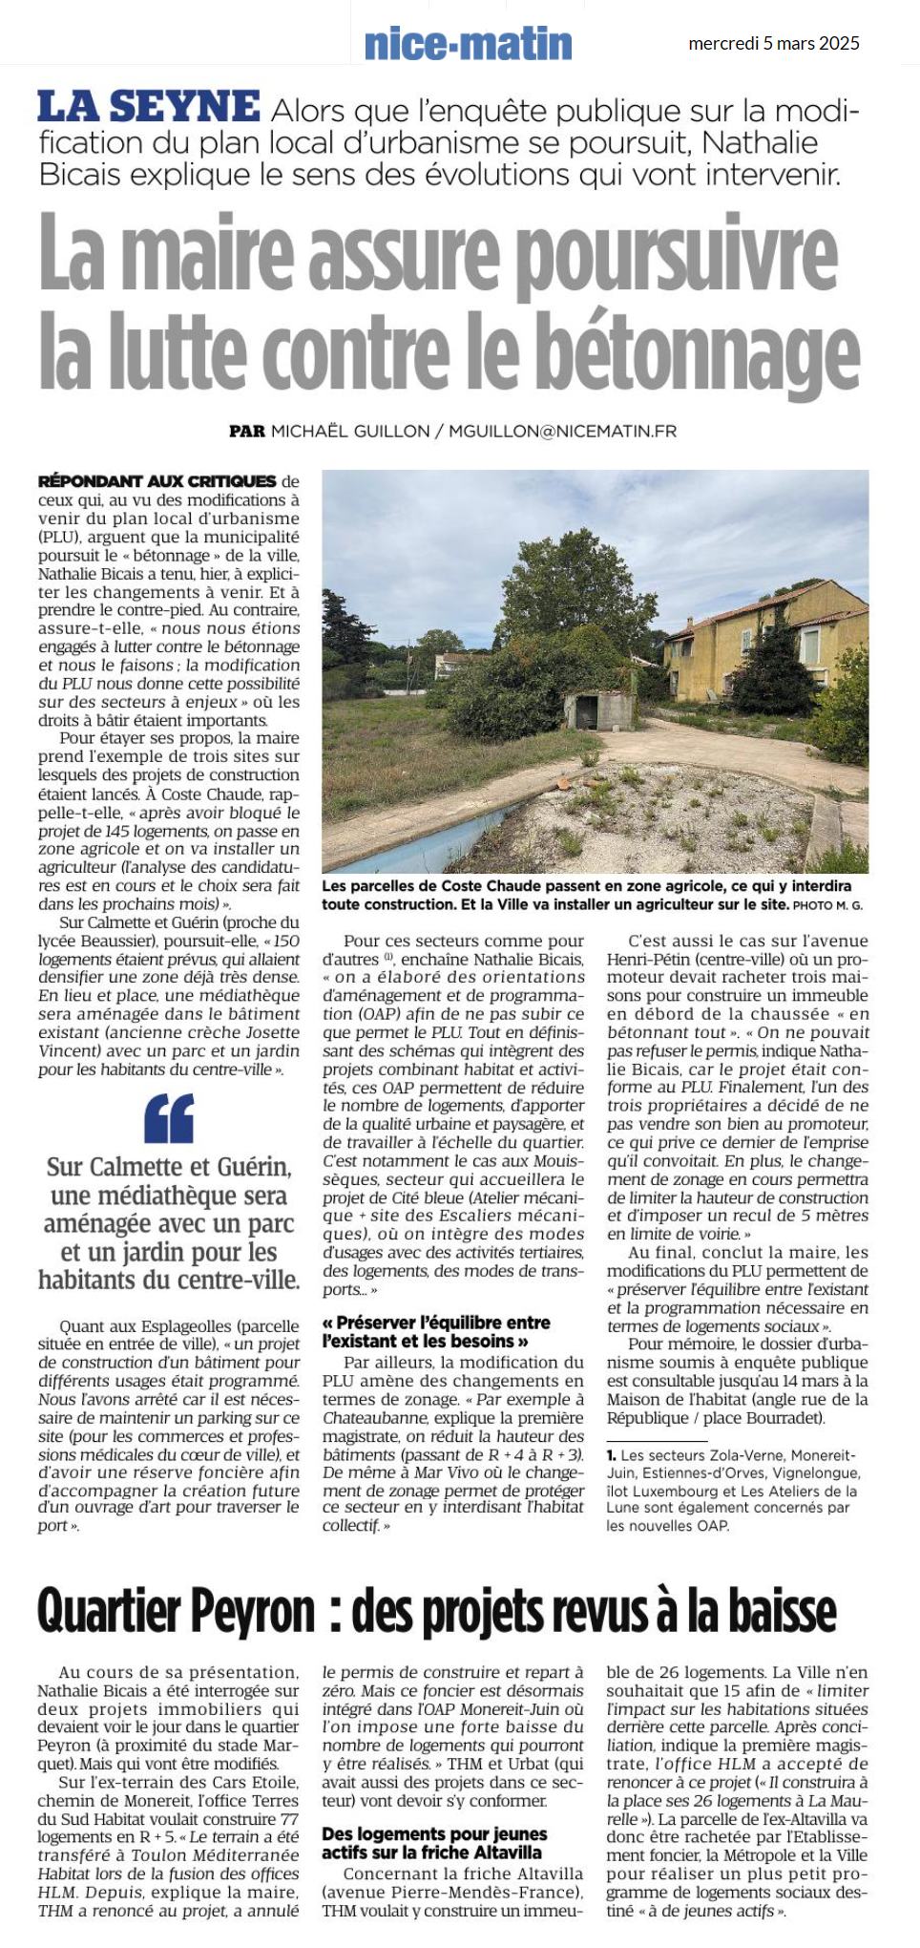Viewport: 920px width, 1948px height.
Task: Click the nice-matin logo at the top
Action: point(468,44)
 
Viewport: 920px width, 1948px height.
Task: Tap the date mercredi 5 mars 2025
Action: point(773,43)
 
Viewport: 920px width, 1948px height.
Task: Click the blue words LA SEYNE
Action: point(148,107)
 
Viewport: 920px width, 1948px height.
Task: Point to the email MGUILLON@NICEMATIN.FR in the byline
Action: point(562,431)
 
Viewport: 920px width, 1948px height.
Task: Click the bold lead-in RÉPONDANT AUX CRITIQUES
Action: point(157,481)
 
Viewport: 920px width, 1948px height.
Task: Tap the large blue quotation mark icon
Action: point(169,1118)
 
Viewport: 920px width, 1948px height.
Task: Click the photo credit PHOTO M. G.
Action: point(827,904)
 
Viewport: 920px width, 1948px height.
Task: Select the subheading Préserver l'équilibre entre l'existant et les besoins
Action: point(436,1331)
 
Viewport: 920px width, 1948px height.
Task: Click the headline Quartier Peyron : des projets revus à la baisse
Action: point(436,1612)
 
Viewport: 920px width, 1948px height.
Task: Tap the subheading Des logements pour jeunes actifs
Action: point(434,1844)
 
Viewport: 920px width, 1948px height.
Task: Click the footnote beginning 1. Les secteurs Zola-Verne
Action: point(732,1490)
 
